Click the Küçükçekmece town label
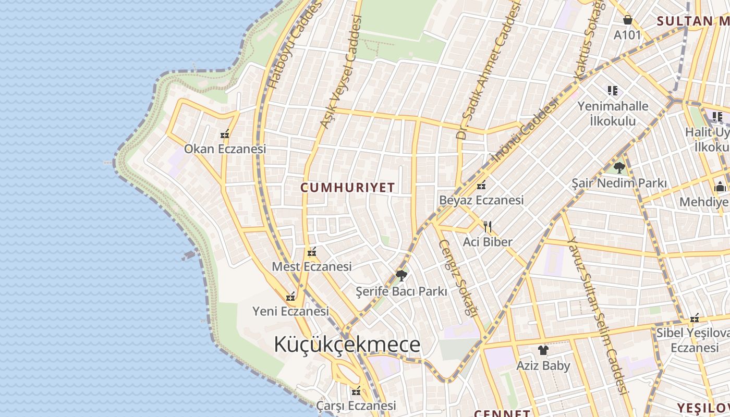(x=347, y=345)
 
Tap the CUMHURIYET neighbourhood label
(x=347, y=188)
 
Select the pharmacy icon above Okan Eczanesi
(x=225, y=134)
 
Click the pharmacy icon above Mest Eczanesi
(x=312, y=252)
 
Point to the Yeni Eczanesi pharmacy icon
(x=290, y=297)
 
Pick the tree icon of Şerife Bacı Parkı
(x=401, y=275)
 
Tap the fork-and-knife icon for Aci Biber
(x=488, y=227)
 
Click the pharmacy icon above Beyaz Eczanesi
(x=481, y=185)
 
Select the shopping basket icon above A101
(x=628, y=20)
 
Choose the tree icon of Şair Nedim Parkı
(x=619, y=168)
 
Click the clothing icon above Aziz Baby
(x=543, y=350)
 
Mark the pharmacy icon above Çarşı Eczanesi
(x=356, y=390)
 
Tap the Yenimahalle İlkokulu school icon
(x=613, y=91)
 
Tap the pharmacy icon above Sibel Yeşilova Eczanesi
(x=695, y=318)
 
